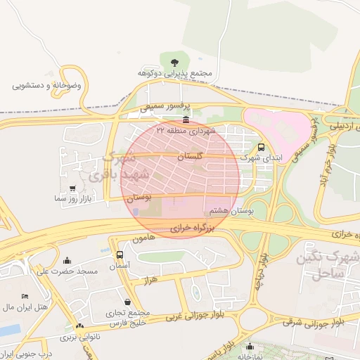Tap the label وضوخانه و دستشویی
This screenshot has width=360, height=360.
(x=48, y=85)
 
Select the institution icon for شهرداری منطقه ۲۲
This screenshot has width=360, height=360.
(x=185, y=120)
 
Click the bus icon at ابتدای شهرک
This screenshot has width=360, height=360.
(x=262, y=148)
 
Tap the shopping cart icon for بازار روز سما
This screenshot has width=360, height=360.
(x=73, y=188)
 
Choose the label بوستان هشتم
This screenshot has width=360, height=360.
(x=231, y=210)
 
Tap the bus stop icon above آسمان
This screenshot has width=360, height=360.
(x=120, y=255)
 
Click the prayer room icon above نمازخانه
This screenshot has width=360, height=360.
(x=250, y=346)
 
